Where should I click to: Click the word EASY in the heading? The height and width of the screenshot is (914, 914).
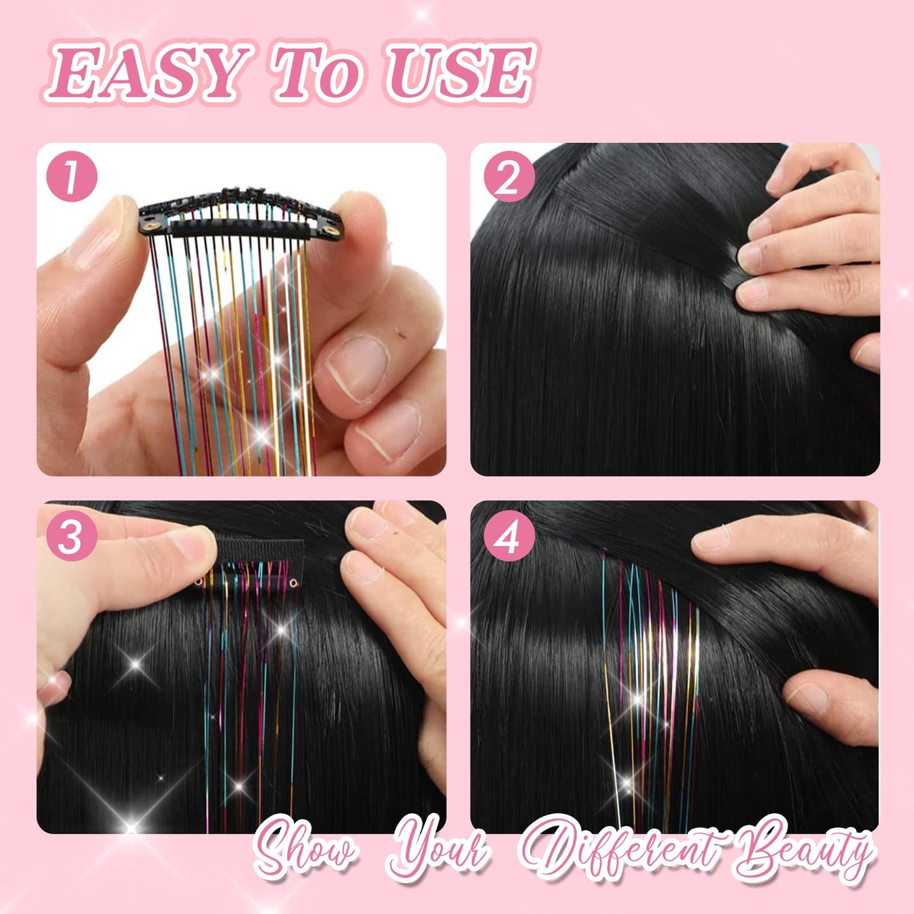click(x=149, y=73)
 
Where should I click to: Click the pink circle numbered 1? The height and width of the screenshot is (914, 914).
click(x=71, y=176)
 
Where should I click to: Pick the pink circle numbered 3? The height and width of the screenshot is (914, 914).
click(x=71, y=537)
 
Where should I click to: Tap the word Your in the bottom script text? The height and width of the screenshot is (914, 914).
click(x=440, y=848)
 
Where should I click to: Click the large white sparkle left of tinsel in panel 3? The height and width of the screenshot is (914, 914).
click(x=135, y=665)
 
